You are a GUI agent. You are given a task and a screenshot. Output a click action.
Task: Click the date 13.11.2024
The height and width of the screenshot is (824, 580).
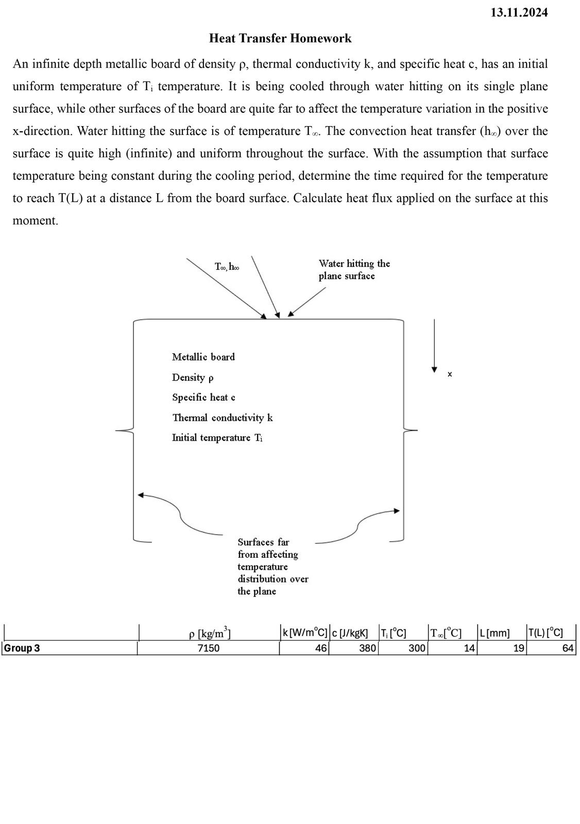(x=519, y=13)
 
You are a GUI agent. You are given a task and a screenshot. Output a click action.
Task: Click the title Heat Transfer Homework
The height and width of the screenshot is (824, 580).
(x=280, y=39)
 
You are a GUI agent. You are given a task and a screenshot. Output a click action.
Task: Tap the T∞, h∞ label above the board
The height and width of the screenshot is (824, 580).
(x=227, y=266)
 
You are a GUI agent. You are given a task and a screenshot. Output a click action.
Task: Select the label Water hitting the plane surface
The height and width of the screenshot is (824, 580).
(x=354, y=270)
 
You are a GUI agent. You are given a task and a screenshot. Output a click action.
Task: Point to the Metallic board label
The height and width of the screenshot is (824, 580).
(x=203, y=357)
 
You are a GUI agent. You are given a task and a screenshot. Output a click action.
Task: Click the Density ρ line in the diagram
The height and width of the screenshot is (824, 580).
(x=193, y=377)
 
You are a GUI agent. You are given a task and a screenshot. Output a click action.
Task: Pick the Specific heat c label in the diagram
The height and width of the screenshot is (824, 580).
(x=203, y=398)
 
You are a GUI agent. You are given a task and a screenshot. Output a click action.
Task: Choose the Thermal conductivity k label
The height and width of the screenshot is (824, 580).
(x=222, y=418)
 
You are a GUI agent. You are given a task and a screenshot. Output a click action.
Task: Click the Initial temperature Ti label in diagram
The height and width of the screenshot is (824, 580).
(x=217, y=438)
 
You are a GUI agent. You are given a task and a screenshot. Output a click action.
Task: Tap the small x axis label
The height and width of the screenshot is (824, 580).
(x=450, y=374)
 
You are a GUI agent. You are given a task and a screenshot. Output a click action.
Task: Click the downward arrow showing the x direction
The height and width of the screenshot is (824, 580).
(x=434, y=345)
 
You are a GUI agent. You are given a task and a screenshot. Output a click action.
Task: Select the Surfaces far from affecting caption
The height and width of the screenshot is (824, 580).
(x=272, y=566)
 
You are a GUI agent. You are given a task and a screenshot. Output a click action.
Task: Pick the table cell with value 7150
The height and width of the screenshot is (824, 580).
(x=208, y=648)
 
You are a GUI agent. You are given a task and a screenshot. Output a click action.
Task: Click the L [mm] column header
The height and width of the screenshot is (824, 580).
(x=494, y=633)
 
